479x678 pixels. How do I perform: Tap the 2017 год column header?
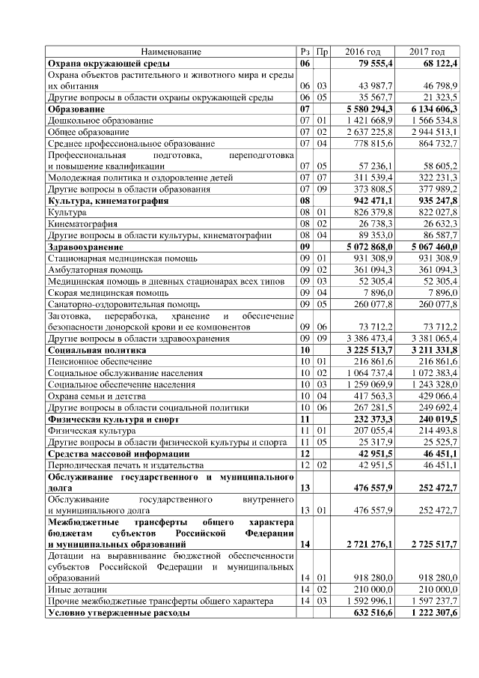coord(427,52)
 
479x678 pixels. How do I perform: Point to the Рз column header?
coord(305,52)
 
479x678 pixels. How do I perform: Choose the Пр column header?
coord(321,52)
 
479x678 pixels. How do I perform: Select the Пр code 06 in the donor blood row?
coord(321,327)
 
